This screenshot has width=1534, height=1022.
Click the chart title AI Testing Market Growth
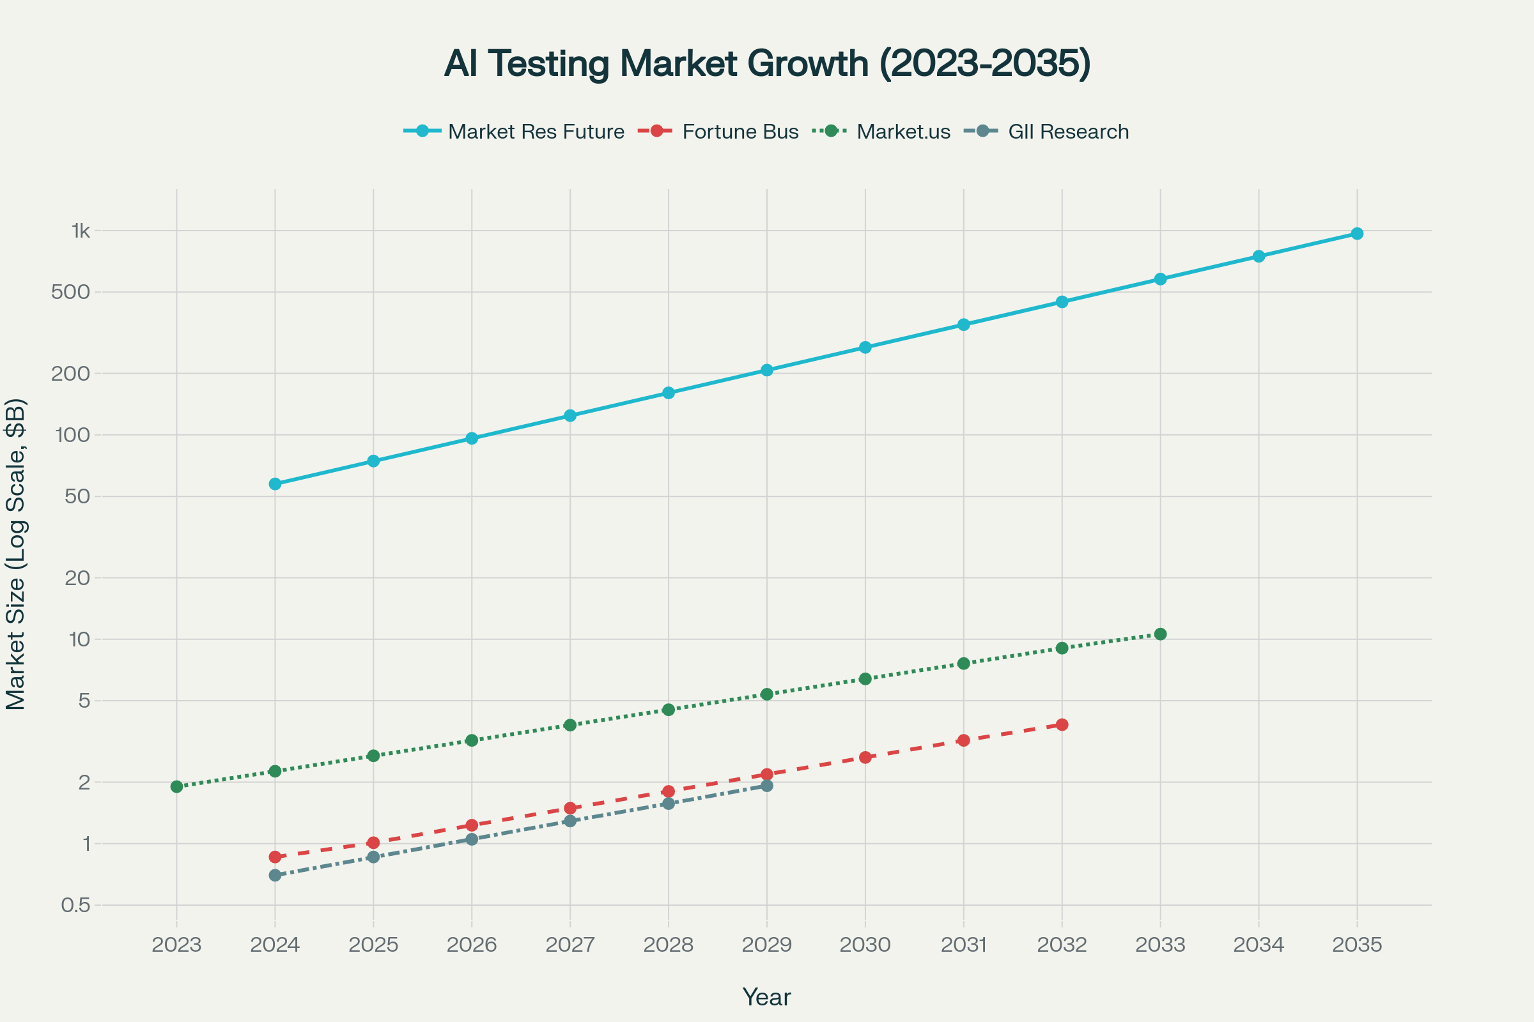(x=767, y=64)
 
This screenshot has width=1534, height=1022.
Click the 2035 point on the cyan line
(x=1356, y=233)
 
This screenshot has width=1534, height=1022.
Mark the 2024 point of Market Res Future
(x=275, y=484)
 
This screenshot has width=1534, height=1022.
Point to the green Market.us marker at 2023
(x=177, y=787)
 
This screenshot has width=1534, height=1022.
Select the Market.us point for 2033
(x=1160, y=634)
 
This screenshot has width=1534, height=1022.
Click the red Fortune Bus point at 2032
(x=1062, y=725)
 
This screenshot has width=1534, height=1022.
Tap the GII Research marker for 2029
(x=767, y=786)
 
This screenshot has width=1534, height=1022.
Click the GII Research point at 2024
(x=275, y=875)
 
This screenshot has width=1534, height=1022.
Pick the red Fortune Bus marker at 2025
(x=374, y=843)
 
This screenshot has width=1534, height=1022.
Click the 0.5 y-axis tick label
(x=75, y=905)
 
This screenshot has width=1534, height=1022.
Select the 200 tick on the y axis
(x=72, y=374)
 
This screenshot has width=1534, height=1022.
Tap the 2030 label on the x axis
(x=865, y=945)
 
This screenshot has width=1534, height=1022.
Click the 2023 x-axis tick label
(x=177, y=945)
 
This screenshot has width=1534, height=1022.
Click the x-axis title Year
(x=767, y=997)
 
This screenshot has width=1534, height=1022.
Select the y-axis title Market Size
(x=15, y=554)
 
